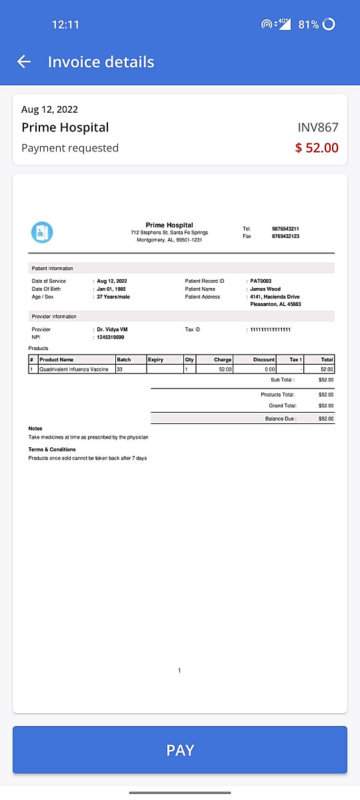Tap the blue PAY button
coord(180,750)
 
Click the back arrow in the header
coord(24,62)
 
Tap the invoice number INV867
coord(318,127)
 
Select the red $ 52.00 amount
coord(317,148)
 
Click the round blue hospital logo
coord(42,232)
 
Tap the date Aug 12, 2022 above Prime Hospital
coord(50,109)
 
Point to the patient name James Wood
coord(265,289)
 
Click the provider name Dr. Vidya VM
coord(112,329)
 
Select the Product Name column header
coord(57,359)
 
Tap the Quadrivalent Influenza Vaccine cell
coord(73,369)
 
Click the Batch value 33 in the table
coord(120,369)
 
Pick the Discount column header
coord(264,359)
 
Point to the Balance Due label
coord(281,419)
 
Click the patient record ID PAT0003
coord(261,281)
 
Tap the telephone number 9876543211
coord(285,229)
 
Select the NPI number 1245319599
coord(111,337)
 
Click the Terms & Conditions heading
coord(52,449)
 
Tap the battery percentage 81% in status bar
coord(309,25)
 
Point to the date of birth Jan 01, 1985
coord(112,289)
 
